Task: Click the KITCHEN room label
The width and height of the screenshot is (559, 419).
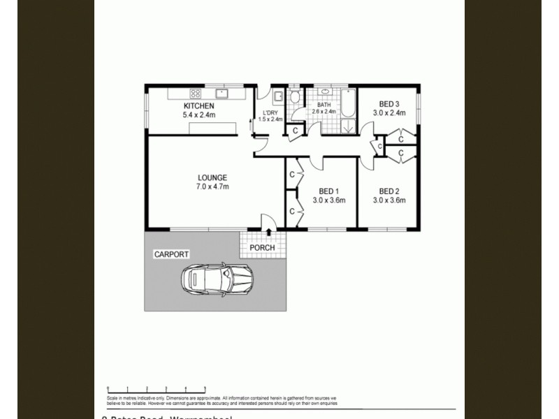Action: pyautogui.click(x=180, y=105)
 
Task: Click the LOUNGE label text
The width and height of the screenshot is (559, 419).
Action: pyautogui.click(x=212, y=177)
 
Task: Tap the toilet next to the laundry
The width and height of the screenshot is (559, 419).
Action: pyautogui.click(x=296, y=96)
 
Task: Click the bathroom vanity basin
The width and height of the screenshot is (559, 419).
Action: pyautogui.click(x=325, y=92)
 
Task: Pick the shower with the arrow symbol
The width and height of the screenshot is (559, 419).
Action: pyautogui.click(x=347, y=126)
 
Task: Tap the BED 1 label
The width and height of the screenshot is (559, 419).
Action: pyautogui.click(x=328, y=191)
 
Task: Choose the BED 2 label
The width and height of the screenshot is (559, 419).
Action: pyautogui.click(x=389, y=191)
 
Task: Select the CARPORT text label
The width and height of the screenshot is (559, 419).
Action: pyautogui.click(x=172, y=254)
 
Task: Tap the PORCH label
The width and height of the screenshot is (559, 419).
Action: pyautogui.click(x=262, y=248)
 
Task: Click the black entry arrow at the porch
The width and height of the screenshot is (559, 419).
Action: pyautogui.click(x=269, y=232)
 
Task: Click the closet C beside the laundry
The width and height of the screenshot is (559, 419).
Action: pyautogui.click(x=296, y=130)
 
